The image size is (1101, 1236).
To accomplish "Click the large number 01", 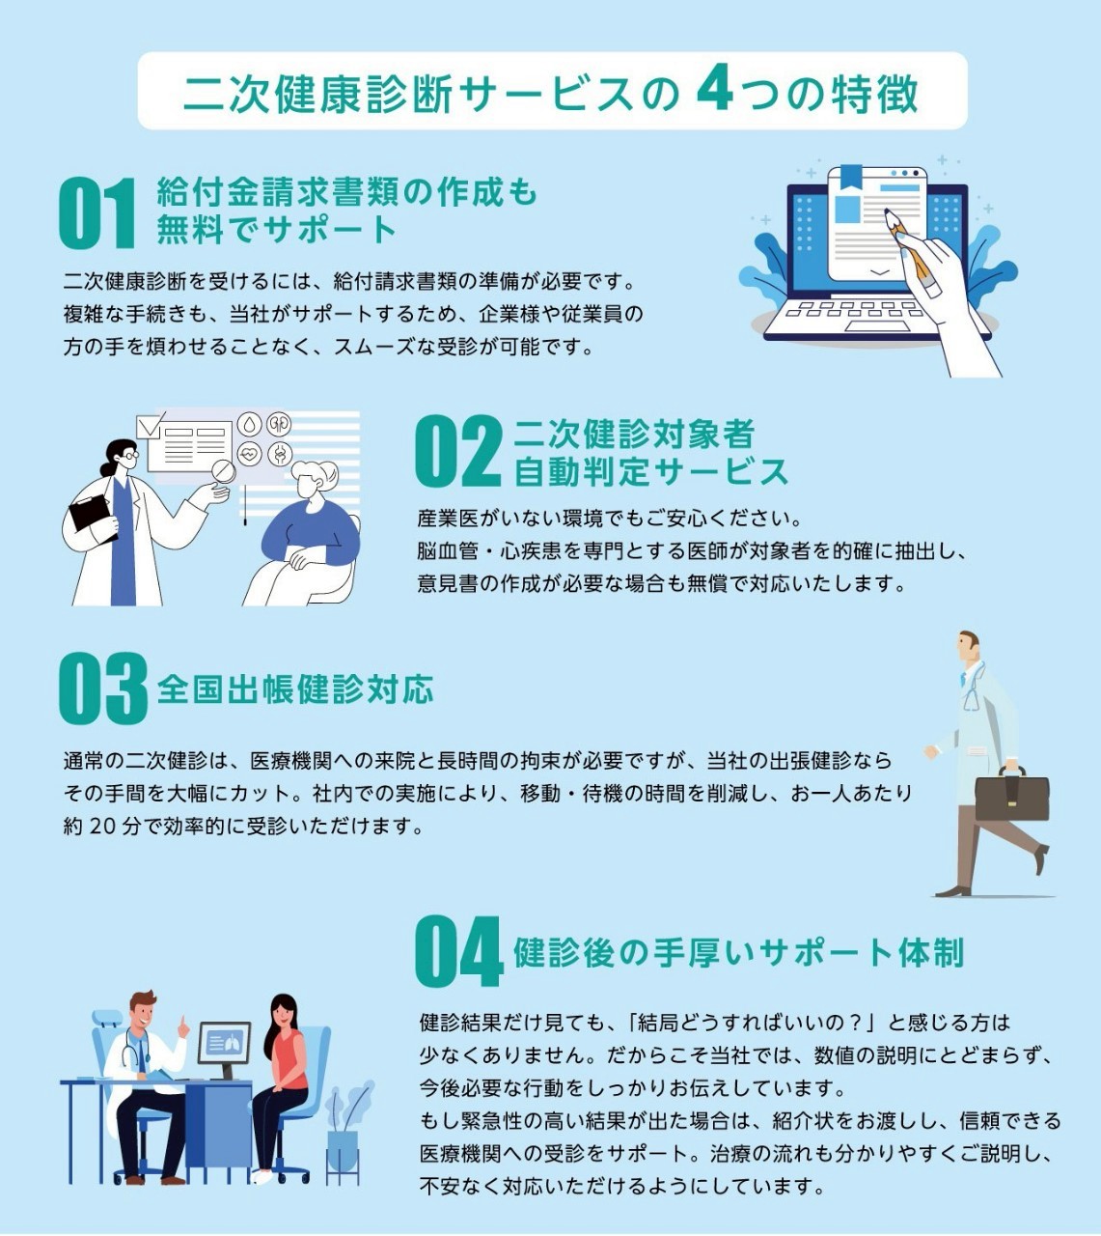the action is pos(96,213).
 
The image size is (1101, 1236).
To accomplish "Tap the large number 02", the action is pos(457,452).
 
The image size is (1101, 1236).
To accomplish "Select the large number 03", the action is pos(103,688).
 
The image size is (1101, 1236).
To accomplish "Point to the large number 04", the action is pos(459,951).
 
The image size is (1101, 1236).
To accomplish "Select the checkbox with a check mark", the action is pos(149,426).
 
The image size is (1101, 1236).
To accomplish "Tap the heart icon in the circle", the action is pos(249,454).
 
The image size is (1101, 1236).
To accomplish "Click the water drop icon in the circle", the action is pos(249,424).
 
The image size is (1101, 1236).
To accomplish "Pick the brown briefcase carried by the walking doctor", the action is pos(1012,795).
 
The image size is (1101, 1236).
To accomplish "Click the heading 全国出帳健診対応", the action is pos(295,689).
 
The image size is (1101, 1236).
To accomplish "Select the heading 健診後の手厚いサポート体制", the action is pos(738,953).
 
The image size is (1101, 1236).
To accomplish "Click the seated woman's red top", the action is pos(290,1060).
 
